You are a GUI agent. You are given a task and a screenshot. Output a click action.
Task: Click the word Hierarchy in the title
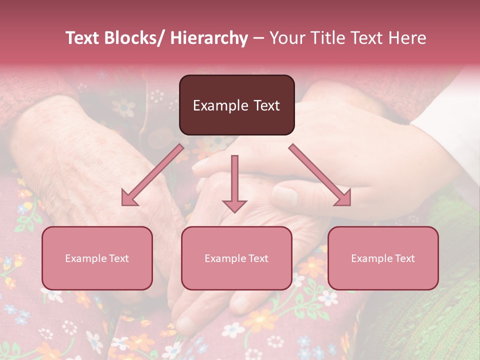click(209, 38)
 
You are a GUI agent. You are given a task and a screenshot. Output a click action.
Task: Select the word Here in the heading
click(407, 38)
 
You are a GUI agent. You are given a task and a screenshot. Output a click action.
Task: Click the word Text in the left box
click(119, 258)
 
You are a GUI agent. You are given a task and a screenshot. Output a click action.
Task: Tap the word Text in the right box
click(405, 258)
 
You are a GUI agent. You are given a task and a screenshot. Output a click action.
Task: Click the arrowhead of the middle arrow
click(234, 205)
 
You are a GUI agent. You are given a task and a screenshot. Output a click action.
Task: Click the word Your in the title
click(286, 38)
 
